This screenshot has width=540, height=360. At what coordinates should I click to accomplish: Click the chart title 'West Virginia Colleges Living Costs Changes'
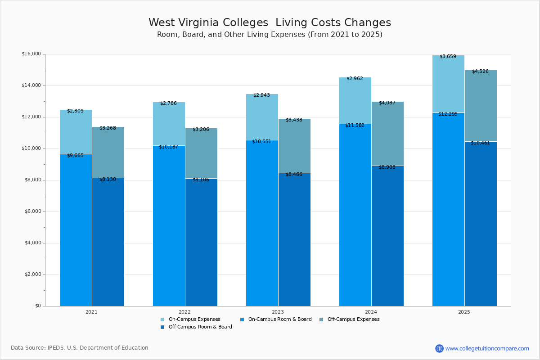coord(270,22)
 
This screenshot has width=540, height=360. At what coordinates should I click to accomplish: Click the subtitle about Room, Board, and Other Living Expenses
coord(270,35)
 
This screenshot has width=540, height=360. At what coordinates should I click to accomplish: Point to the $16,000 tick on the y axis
coord(31,54)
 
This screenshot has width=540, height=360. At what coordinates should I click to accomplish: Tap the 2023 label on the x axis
coord(278,312)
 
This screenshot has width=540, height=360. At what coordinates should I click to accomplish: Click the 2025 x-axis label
coord(464,312)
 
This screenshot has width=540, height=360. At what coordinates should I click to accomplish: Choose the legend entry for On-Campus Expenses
coord(194,319)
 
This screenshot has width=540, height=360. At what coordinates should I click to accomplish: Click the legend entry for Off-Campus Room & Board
coord(200,327)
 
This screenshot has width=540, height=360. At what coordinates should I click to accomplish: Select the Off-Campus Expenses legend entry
coord(353,319)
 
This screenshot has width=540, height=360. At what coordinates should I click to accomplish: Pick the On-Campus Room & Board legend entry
coord(279,319)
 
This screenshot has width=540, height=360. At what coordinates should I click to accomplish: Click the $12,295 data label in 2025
coord(448,114)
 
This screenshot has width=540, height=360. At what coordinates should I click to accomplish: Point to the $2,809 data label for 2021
coord(75,111)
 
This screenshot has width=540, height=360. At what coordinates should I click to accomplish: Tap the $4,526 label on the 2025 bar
coord(480,72)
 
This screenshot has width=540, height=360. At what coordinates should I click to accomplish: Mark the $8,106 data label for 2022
coord(201,180)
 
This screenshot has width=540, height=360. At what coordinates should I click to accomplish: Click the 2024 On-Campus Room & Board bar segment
coord(355,216)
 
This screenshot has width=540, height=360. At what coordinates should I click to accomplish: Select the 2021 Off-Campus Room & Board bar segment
coord(108,243)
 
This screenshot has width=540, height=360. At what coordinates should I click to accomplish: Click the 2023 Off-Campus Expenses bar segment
coord(294,146)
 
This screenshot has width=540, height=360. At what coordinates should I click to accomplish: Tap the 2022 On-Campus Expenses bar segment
coord(169,124)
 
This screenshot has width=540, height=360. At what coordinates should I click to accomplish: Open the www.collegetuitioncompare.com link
coord(486,348)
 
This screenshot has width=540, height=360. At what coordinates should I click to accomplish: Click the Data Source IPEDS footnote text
coord(80,348)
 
